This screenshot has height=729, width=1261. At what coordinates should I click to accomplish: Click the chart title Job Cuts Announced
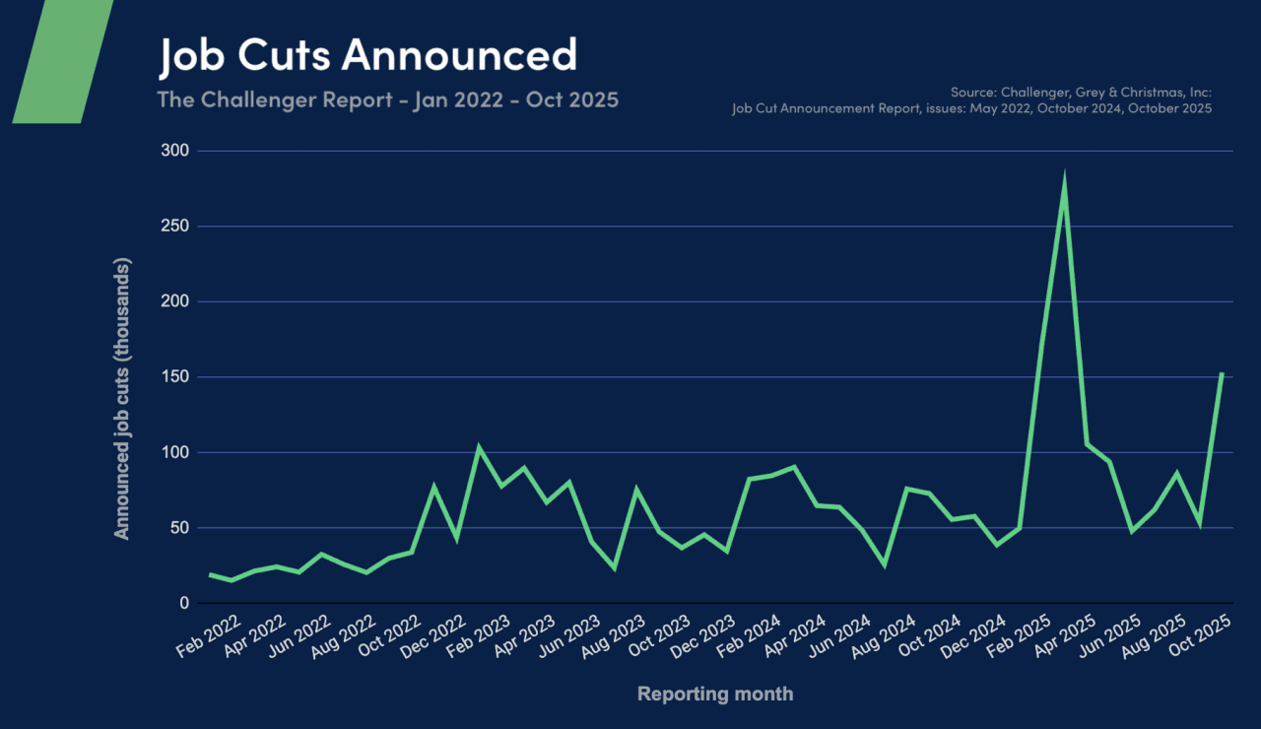click(x=367, y=55)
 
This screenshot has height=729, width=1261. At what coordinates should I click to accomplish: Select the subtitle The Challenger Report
click(x=388, y=99)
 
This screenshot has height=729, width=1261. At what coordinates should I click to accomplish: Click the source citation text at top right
click(x=971, y=100)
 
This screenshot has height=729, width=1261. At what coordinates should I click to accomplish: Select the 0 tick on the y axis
click(x=184, y=603)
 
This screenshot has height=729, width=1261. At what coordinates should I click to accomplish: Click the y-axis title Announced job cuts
click(x=122, y=399)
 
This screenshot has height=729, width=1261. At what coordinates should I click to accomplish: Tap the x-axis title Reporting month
click(x=714, y=694)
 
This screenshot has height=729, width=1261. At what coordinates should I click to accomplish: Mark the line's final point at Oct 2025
click(x=1222, y=373)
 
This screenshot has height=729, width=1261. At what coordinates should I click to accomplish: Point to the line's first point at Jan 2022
click(x=210, y=574)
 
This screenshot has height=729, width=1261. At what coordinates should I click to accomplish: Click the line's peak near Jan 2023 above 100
click(x=479, y=448)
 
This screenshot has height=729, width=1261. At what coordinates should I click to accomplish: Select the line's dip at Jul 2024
click(x=885, y=564)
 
